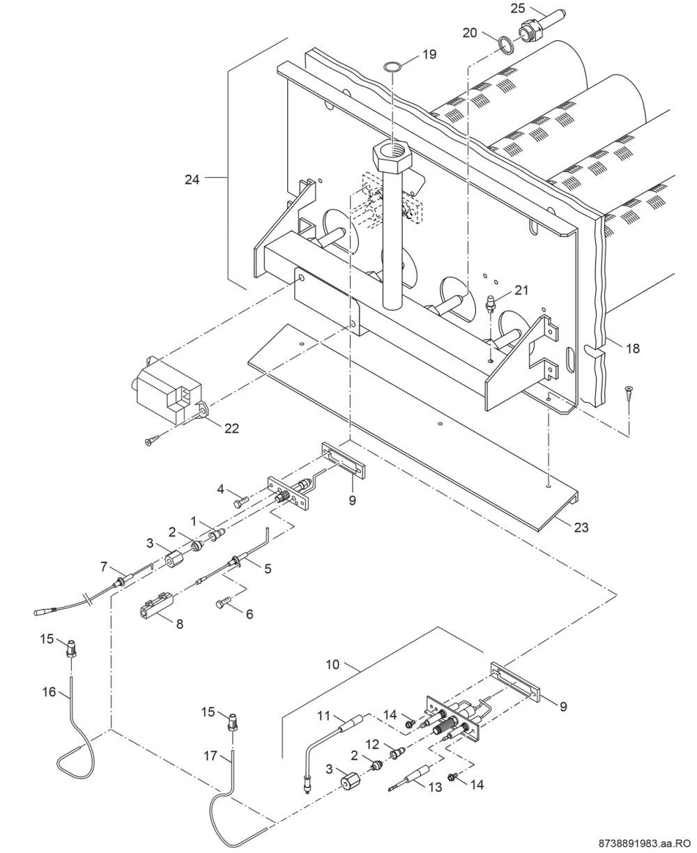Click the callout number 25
click(517, 8)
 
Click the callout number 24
click(192, 179)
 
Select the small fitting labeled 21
click(490, 303)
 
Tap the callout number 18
click(633, 348)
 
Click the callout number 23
click(581, 527)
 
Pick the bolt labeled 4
click(242, 503)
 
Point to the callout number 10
click(332, 665)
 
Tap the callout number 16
click(49, 692)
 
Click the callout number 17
click(210, 756)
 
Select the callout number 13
click(435, 787)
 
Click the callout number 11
click(323, 716)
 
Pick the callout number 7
click(104, 567)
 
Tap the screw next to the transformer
click(153, 440)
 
